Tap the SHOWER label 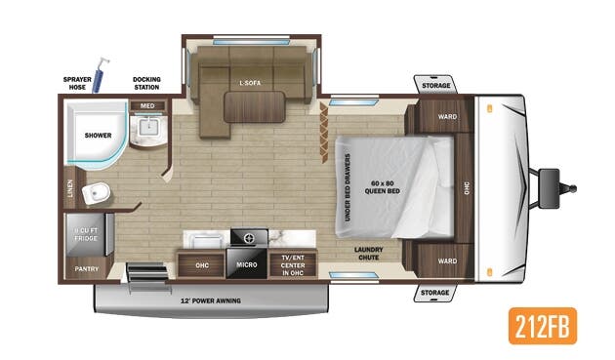pos(97,136)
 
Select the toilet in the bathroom pos(96,193)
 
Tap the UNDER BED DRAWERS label pos(348,185)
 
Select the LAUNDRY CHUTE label pos(368,253)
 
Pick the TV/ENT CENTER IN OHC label pos(292,263)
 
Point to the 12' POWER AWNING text pos(211,300)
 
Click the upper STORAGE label pos(435,86)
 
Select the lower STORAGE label pos(435,292)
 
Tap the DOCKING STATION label pos(146,82)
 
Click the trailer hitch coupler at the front pos(552,181)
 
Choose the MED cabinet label pos(147,105)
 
